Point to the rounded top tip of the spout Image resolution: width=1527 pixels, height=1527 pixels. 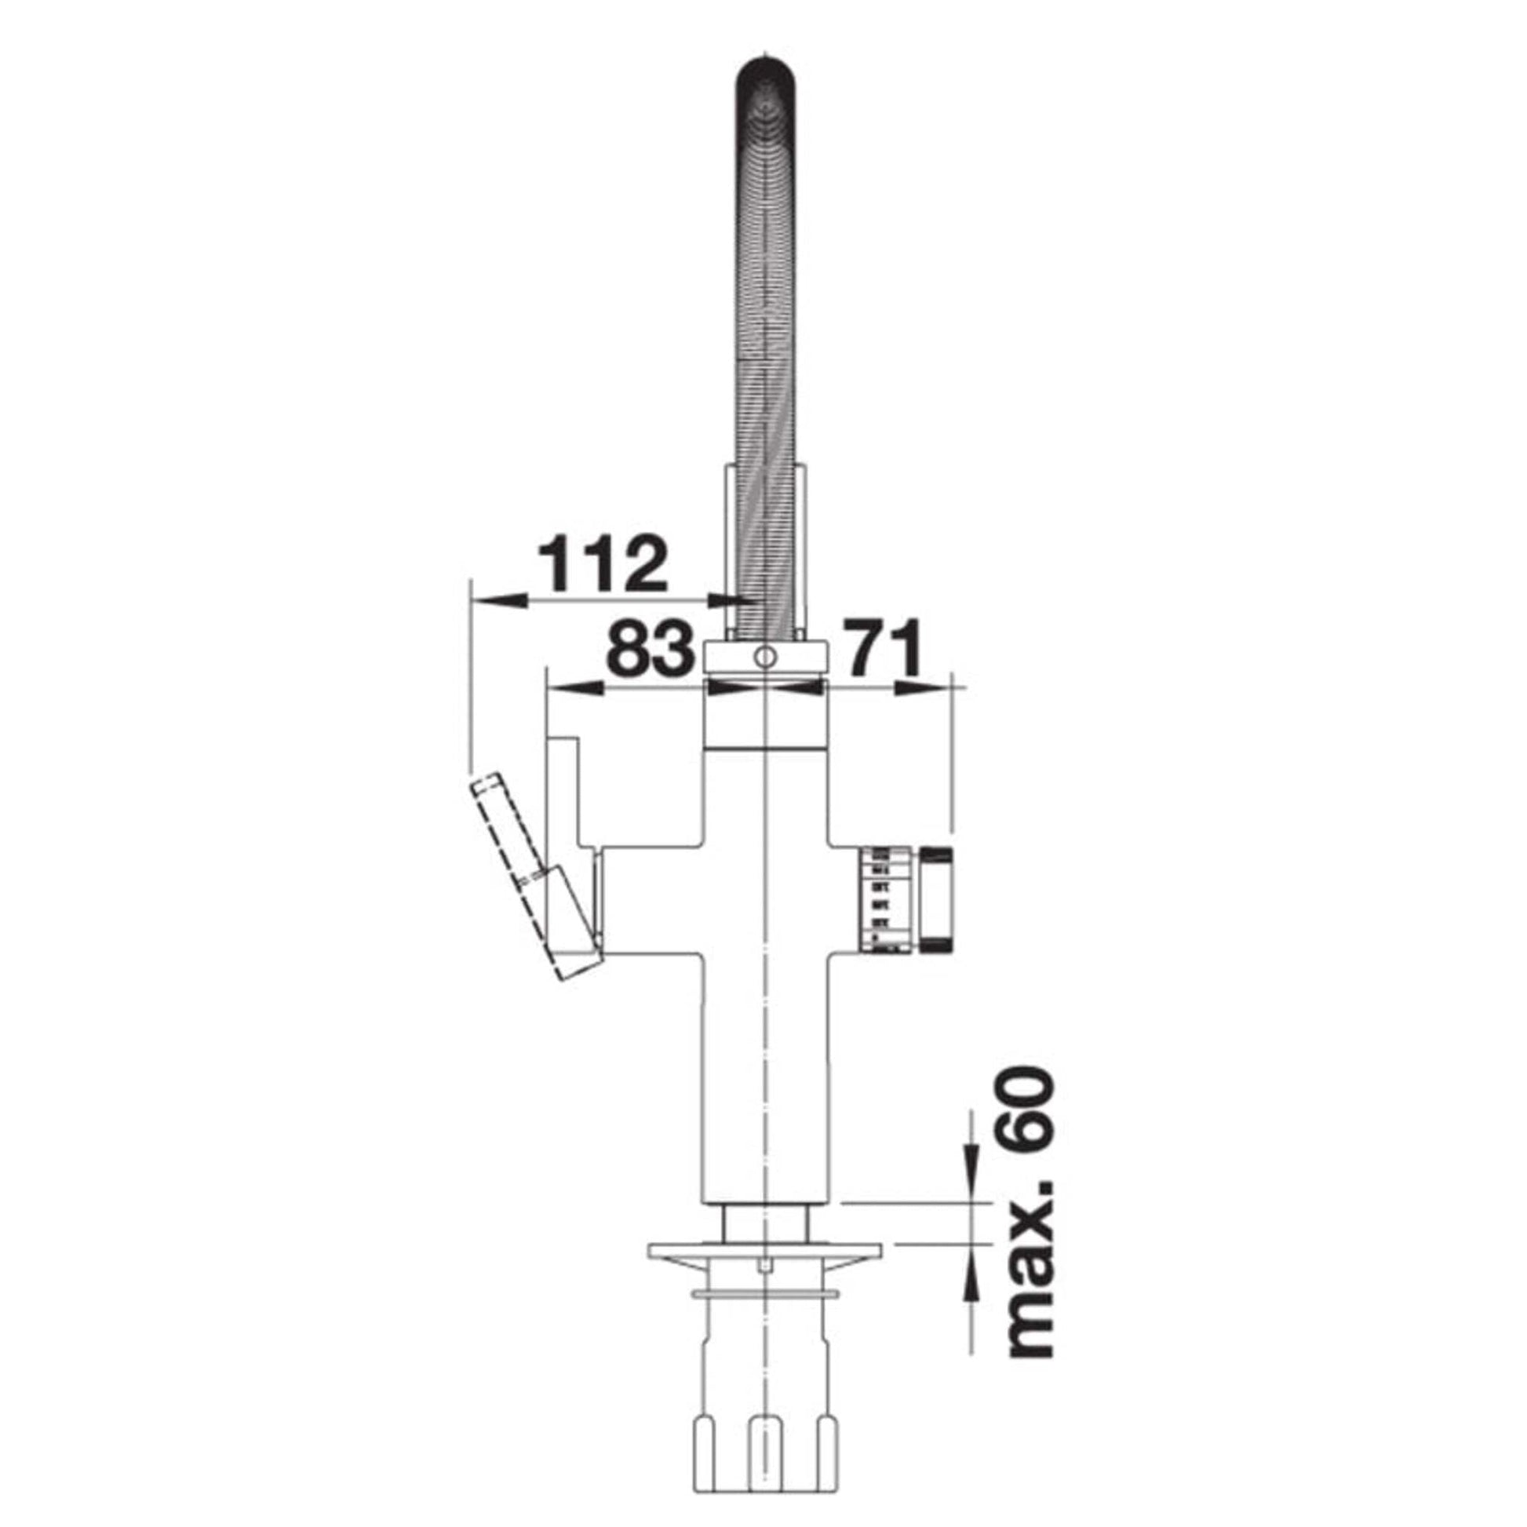click(x=765, y=67)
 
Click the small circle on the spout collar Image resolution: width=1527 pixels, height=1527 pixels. click(x=765, y=655)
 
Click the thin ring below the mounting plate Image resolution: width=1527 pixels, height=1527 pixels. click(x=764, y=1293)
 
